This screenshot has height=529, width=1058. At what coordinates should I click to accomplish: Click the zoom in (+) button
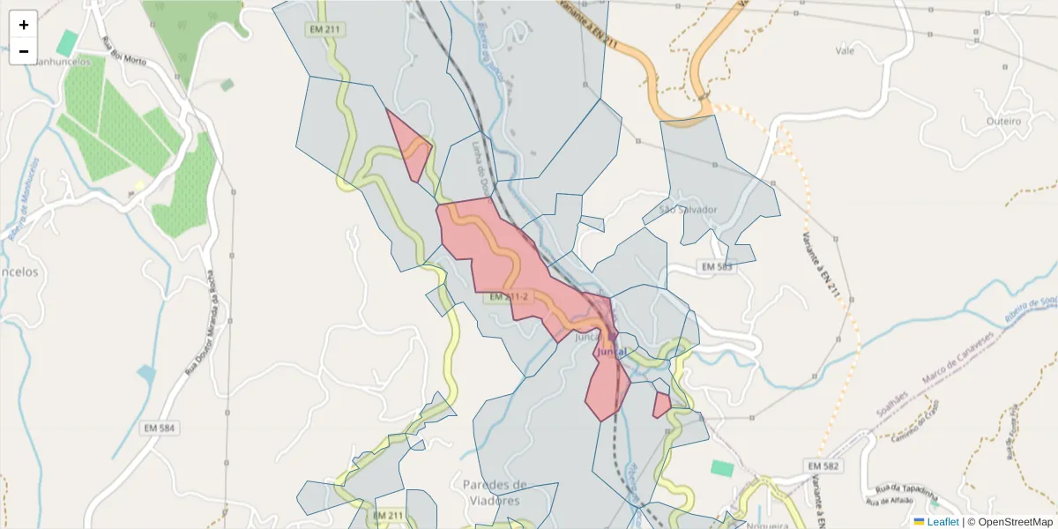pos(24,25)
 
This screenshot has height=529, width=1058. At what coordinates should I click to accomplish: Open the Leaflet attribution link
pos(943,522)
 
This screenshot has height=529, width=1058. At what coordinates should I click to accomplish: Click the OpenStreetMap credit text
pos(1010,522)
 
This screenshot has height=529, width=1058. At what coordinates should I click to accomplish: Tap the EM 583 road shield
pos(715,266)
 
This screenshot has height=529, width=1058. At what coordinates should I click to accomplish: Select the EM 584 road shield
pos(159,428)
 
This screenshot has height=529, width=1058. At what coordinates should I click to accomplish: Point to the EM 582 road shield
pos(823,466)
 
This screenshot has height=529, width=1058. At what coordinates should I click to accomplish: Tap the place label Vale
pos(845,51)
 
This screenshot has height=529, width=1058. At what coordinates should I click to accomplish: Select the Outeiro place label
pos(1003,121)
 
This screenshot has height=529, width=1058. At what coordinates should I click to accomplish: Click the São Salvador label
pos(680,210)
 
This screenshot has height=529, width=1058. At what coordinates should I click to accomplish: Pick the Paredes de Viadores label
pos(495,492)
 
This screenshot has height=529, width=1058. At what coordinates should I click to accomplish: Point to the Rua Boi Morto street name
pos(123,55)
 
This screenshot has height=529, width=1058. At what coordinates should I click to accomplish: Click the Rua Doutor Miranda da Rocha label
pos(203,322)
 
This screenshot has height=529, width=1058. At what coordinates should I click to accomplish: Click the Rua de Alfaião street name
pos(889,502)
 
